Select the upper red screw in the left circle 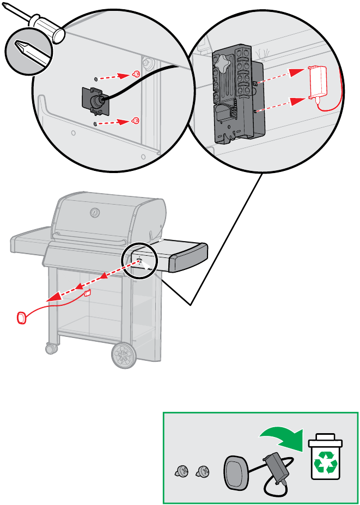point(137,73)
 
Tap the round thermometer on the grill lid point(94,211)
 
